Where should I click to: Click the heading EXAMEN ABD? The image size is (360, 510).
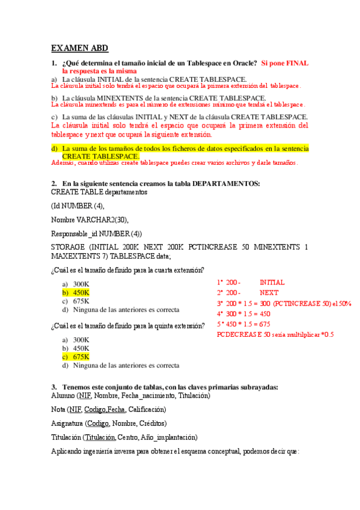click(79, 48)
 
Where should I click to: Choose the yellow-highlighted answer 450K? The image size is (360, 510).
click(81, 292)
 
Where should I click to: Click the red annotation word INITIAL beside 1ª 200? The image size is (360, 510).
click(272, 282)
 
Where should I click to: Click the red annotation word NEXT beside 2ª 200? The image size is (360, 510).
click(269, 293)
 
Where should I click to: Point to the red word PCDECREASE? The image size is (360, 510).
click(243, 334)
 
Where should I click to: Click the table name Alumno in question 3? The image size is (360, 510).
click(63, 396)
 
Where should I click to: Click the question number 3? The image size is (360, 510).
click(54, 387)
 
